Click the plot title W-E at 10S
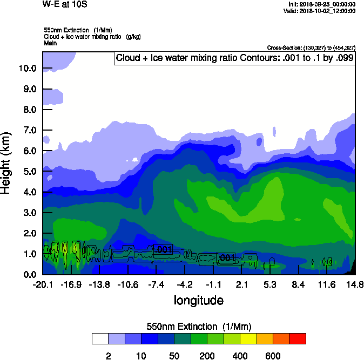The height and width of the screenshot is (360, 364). click(x=64, y=4)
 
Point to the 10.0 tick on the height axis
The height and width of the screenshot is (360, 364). click(x=27, y=69)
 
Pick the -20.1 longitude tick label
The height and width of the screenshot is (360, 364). click(x=43, y=284)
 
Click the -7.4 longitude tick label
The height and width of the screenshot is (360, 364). click(x=156, y=284)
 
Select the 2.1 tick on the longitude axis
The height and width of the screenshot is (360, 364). click(x=241, y=284)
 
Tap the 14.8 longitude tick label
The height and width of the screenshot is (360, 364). click(x=355, y=284)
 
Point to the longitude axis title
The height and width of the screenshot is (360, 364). click(x=198, y=300)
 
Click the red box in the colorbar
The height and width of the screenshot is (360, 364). click(x=298, y=338)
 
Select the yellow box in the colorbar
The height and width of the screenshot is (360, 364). click(x=248, y=338)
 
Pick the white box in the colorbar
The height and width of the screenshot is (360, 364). click(x=100, y=338)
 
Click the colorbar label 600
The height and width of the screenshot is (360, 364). click(x=273, y=356)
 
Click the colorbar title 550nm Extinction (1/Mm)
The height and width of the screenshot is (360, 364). click(x=199, y=326)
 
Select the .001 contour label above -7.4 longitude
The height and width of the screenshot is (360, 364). click(x=163, y=249)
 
